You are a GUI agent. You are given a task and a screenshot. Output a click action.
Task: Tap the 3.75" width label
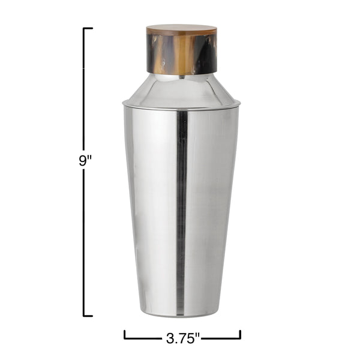point(182,338)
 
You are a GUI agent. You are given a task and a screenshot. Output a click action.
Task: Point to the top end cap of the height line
point(88,28)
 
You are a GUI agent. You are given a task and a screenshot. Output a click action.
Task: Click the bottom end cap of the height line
point(88,315)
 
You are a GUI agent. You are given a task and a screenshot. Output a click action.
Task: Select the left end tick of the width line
point(125,334)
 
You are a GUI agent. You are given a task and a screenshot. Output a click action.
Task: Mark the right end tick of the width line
point(240,334)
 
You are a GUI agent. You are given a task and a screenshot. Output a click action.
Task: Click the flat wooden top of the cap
point(181,29)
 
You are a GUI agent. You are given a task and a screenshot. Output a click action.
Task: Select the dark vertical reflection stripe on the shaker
point(181,210)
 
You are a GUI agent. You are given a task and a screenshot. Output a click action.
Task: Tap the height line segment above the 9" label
point(84,90)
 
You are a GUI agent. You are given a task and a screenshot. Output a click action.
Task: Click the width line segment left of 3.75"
point(144,338)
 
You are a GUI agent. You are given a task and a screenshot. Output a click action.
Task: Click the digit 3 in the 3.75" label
point(169,338)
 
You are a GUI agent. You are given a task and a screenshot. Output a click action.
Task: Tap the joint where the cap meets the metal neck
point(181,74)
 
